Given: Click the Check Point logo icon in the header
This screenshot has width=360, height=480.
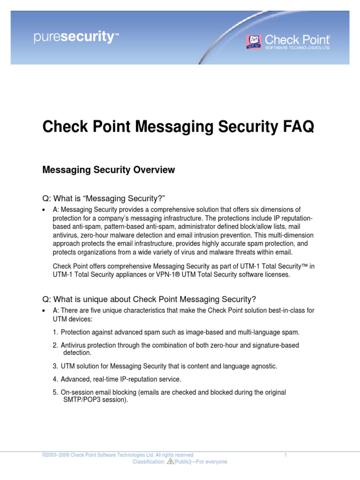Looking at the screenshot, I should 254,41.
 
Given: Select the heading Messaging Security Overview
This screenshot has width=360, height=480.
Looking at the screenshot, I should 108,171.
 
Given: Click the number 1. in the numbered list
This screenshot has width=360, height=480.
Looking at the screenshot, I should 55,332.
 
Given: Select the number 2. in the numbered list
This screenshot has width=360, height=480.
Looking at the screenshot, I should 55,345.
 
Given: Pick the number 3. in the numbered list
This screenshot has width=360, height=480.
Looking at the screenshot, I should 55,366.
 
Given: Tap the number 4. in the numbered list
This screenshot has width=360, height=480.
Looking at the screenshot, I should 55,379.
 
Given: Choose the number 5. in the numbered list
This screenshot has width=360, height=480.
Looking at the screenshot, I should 55,392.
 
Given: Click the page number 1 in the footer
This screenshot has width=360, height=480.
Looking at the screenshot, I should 285,455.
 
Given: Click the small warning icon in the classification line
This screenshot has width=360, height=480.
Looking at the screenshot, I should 171,462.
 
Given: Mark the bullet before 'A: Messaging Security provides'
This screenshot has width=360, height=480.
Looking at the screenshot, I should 44,210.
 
